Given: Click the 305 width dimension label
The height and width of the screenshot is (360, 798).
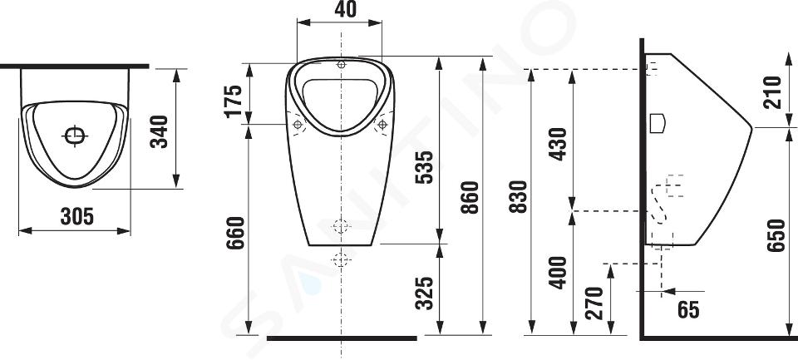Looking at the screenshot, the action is tap(76, 216).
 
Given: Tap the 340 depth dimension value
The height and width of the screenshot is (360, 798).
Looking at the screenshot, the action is tap(160, 131).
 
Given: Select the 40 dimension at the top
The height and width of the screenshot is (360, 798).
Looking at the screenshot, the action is tap(346, 9).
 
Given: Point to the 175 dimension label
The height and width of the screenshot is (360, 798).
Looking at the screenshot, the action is tap(233, 101).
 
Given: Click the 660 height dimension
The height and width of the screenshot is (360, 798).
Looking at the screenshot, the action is tap(235, 233).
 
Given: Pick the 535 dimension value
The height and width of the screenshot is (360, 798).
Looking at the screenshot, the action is tap(424, 167).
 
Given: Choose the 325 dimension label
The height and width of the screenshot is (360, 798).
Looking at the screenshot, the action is tap(424, 293).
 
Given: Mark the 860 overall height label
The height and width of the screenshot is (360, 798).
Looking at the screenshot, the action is tap(470, 198).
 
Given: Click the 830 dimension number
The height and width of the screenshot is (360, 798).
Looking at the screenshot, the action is tap(519, 196).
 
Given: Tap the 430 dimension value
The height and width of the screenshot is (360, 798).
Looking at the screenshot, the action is tap(558, 144).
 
